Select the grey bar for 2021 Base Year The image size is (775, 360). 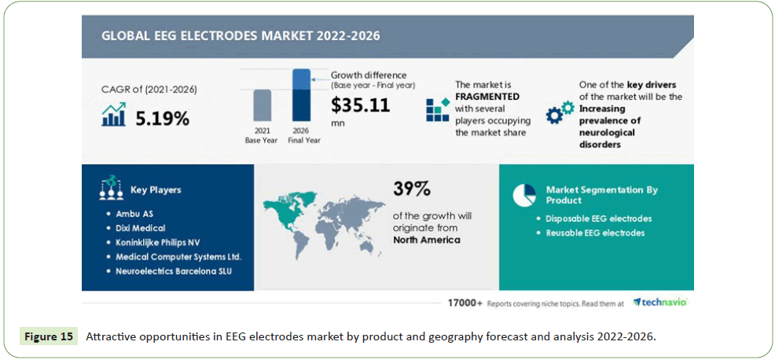[x=262, y=105]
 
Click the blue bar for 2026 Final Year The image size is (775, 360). [x=301, y=95]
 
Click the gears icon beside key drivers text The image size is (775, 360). [x=560, y=112]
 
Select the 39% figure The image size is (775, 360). [x=411, y=189]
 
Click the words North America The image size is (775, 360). [x=427, y=240]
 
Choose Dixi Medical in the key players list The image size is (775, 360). [x=136, y=229]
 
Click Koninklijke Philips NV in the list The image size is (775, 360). [x=154, y=243]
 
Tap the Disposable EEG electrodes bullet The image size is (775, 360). [x=594, y=219]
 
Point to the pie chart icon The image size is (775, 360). [x=524, y=194]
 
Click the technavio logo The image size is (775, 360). [x=659, y=302]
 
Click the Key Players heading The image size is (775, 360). [x=156, y=190]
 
